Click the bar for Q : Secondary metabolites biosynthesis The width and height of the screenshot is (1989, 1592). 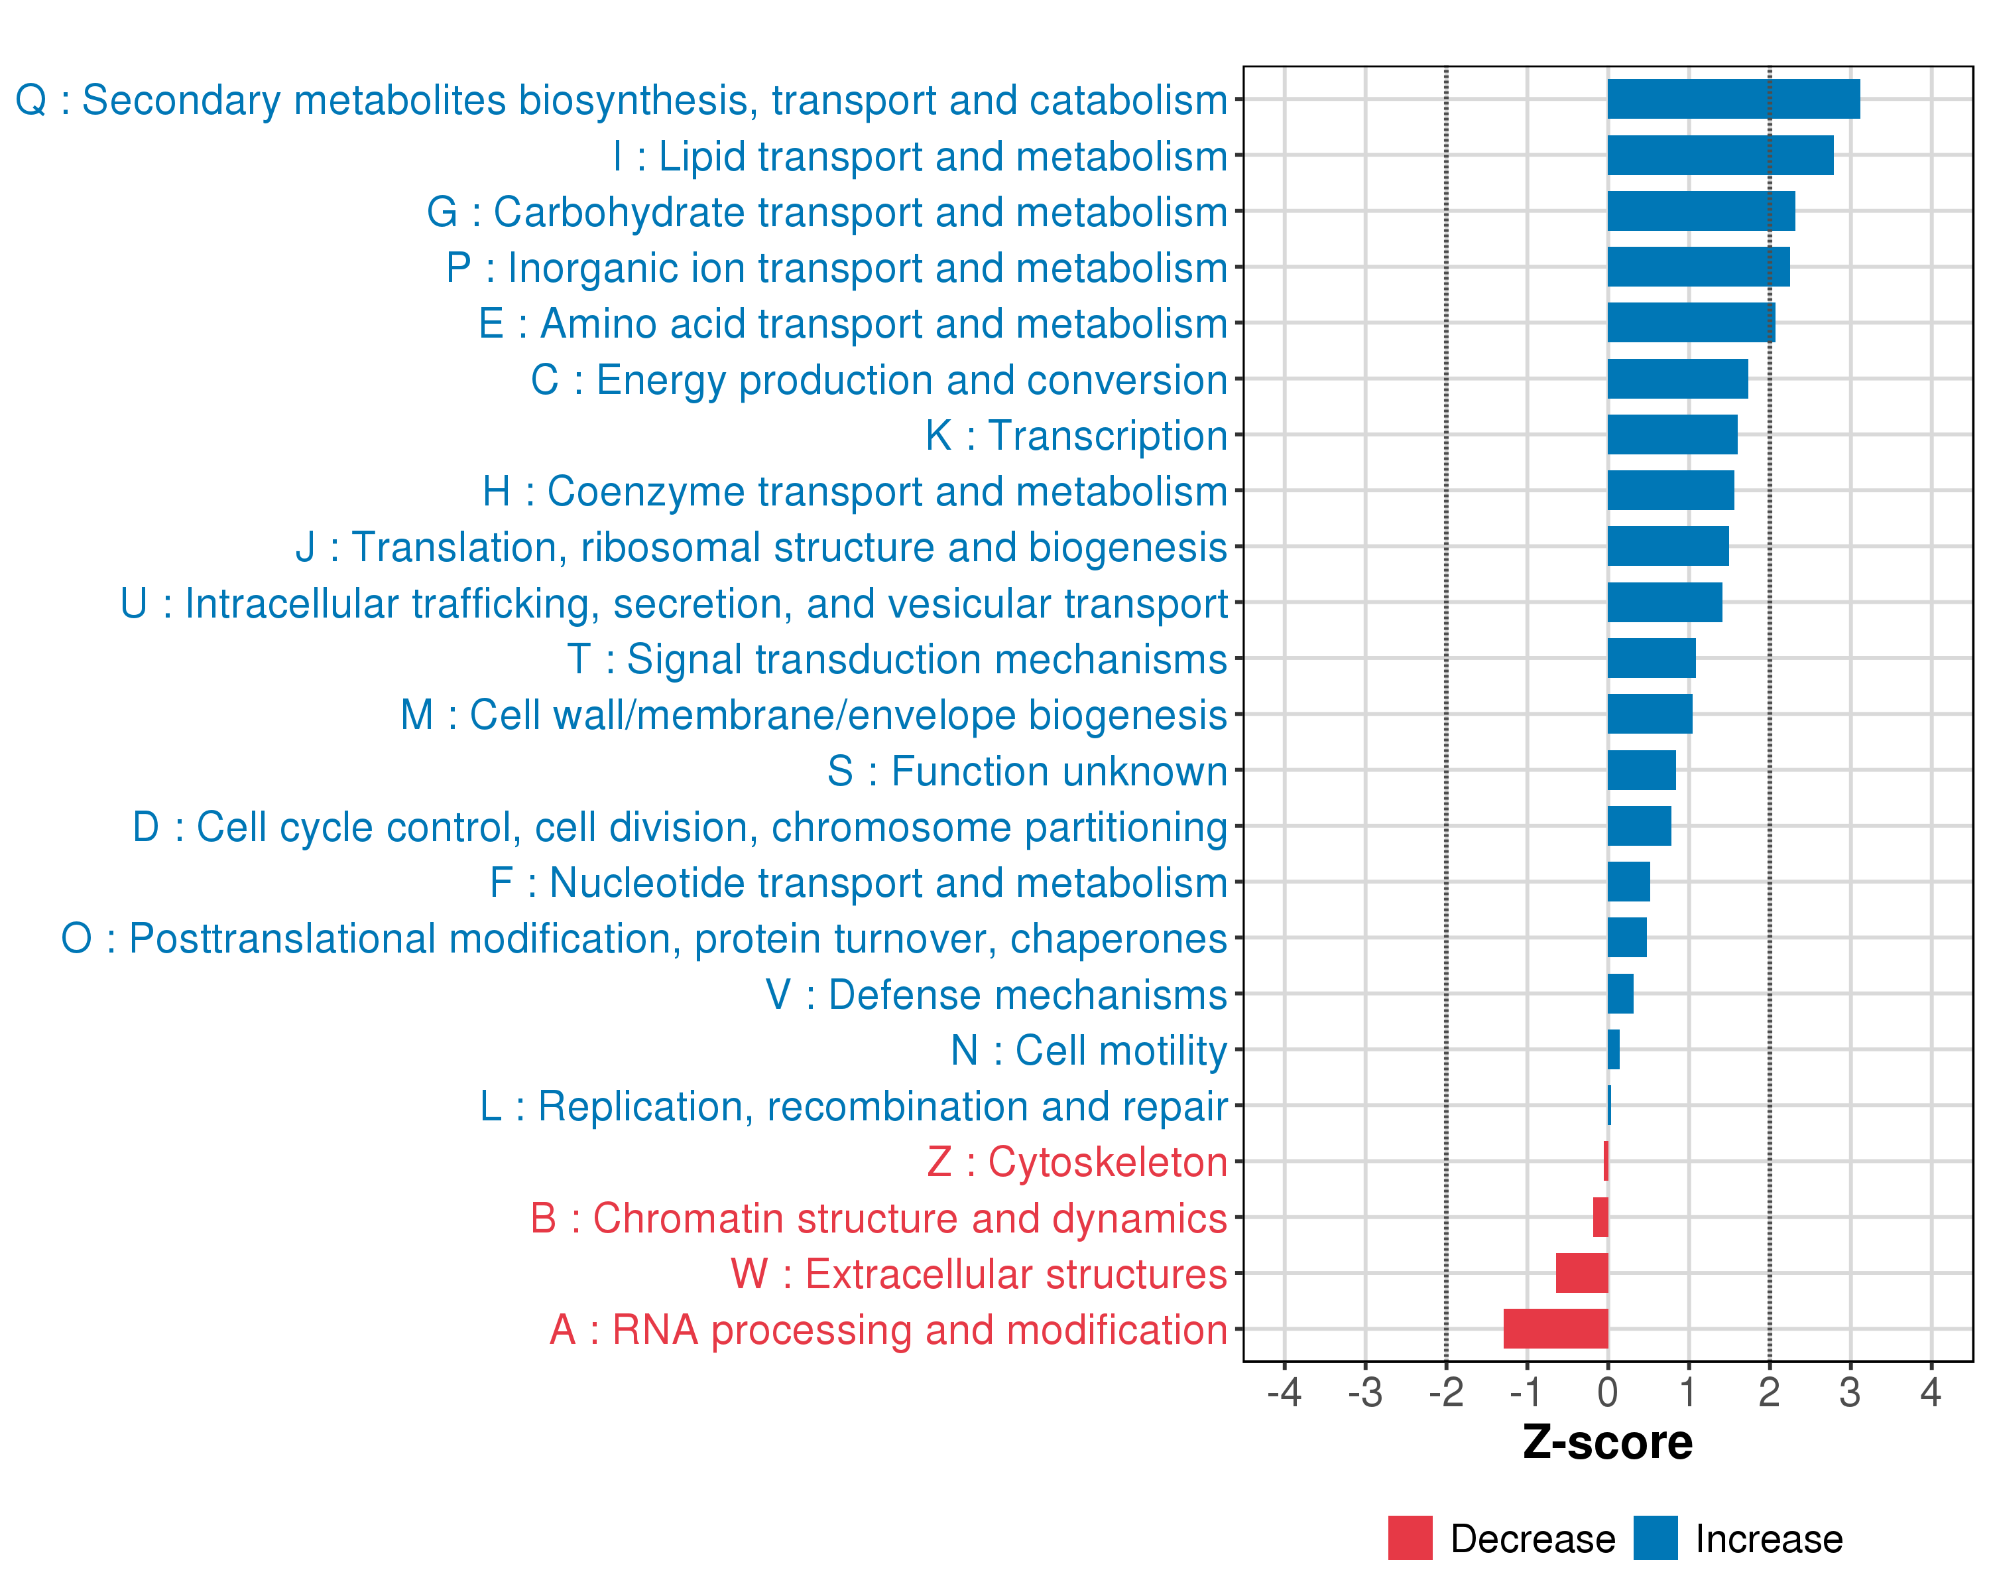[x=1732, y=99]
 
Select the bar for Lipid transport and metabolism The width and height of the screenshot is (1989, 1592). [x=1720, y=155]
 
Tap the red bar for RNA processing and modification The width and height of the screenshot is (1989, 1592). [x=1555, y=1328]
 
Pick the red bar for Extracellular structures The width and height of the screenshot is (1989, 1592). [x=1581, y=1273]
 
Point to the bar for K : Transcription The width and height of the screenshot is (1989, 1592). [x=1671, y=434]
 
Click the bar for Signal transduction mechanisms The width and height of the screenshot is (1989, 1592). [x=1650, y=658]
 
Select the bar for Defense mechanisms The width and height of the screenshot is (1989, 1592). [x=1620, y=994]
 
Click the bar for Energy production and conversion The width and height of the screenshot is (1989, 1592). [x=1677, y=378]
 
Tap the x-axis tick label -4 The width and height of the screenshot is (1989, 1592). [x=1284, y=1392]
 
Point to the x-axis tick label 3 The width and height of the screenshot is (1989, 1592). [x=1850, y=1392]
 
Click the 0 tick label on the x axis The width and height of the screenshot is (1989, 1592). [x=1607, y=1392]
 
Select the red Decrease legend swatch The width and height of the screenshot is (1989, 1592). [x=1410, y=1538]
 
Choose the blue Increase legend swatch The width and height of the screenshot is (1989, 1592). [x=1655, y=1538]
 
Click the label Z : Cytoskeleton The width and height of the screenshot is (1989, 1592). [x=1077, y=1162]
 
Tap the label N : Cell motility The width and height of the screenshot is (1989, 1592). [x=1089, y=1050]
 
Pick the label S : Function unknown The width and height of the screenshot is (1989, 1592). [x=1027, y=771]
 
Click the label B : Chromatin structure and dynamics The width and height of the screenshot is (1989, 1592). [x=878, y=1219]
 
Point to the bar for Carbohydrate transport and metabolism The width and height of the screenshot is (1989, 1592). [x=1700, y=212]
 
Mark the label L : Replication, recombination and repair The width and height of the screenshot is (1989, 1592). [x=853, y=1106]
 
